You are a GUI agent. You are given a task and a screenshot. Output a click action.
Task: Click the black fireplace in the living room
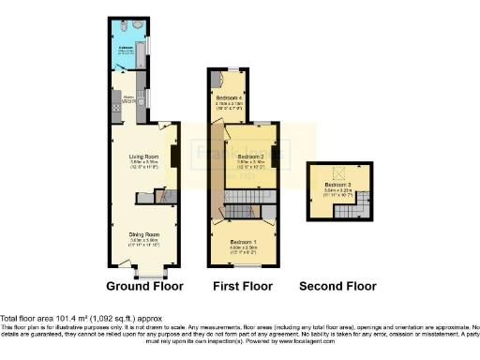175,152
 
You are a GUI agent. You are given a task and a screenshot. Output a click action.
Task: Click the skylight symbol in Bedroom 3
340,172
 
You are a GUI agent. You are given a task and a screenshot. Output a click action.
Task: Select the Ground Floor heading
144,286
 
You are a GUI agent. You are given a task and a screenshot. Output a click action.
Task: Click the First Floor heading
243,286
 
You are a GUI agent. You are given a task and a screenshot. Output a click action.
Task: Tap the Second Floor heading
337,286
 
